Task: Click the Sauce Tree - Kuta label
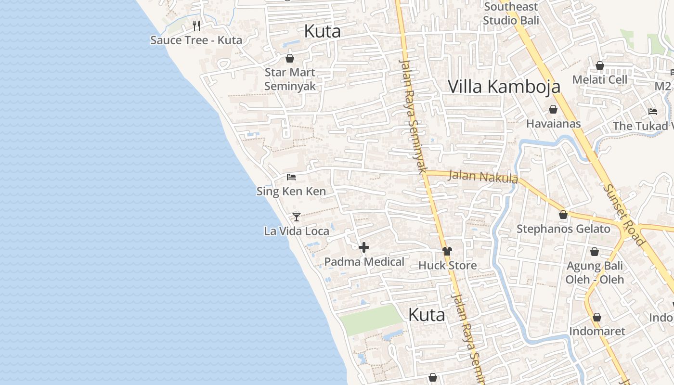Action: click(x=196, y=40)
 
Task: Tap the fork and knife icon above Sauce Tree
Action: click(x=196, y=25)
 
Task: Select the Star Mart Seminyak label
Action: click(x=290, y=79)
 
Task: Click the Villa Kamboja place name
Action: click(x=504, y=87)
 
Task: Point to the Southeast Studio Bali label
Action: click(x=511, y=13)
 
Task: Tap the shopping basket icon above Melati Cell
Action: click(x=600, y=65)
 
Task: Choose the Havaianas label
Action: click(x=553, y=124)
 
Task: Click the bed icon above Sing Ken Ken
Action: click(x=291, y=177)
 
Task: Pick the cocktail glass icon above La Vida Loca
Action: click(x=297, y=217)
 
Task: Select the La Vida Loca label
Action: click(x=297, y=231)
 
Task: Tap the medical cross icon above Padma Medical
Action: click(x=364, y=247)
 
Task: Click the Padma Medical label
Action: click(x=364, y=262)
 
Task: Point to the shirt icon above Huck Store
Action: click(x=447, y=251)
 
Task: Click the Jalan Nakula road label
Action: click(x=483, y=177)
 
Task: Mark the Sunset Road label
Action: click(x=624, y=215)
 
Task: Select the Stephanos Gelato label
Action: click(x=563, y=229)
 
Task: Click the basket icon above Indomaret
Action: click(x=597, y=317)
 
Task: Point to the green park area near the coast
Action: click(x=371, y=320)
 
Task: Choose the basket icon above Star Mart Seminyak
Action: click(x=290, y=58)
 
